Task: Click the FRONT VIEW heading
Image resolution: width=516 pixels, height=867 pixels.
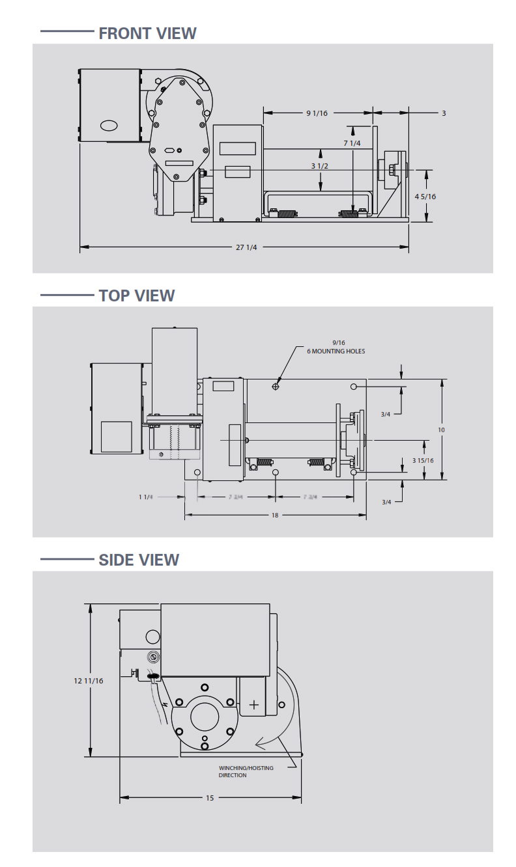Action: [147, 33]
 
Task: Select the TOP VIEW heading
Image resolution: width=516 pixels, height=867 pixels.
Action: [137, 296]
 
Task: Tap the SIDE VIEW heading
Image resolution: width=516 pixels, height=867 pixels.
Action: [139, 560]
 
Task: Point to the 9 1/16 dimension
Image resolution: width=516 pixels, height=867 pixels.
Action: [317, 113]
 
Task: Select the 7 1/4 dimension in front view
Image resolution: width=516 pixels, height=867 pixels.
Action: [352, 143]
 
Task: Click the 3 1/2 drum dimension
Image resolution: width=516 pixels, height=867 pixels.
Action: [319, 166]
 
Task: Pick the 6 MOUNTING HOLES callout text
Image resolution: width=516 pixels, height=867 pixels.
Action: [336, 351]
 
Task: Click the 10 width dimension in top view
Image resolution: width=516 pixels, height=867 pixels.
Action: [441, 430]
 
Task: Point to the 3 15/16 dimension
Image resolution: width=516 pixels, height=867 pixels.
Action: [423, 460]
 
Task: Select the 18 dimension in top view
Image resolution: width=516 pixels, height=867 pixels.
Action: [275, 515]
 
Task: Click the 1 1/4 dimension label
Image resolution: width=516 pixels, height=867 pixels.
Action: [146, 497]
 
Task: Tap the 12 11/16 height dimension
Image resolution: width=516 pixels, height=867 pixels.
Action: [89, 680]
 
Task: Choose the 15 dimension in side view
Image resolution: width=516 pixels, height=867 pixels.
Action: [210, 797]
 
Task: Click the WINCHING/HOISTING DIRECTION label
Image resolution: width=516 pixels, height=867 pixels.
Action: [246, 771]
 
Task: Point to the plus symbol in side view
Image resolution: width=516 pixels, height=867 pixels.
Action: [254, 705]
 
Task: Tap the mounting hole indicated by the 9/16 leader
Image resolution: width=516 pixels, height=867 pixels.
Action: [276, 387]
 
